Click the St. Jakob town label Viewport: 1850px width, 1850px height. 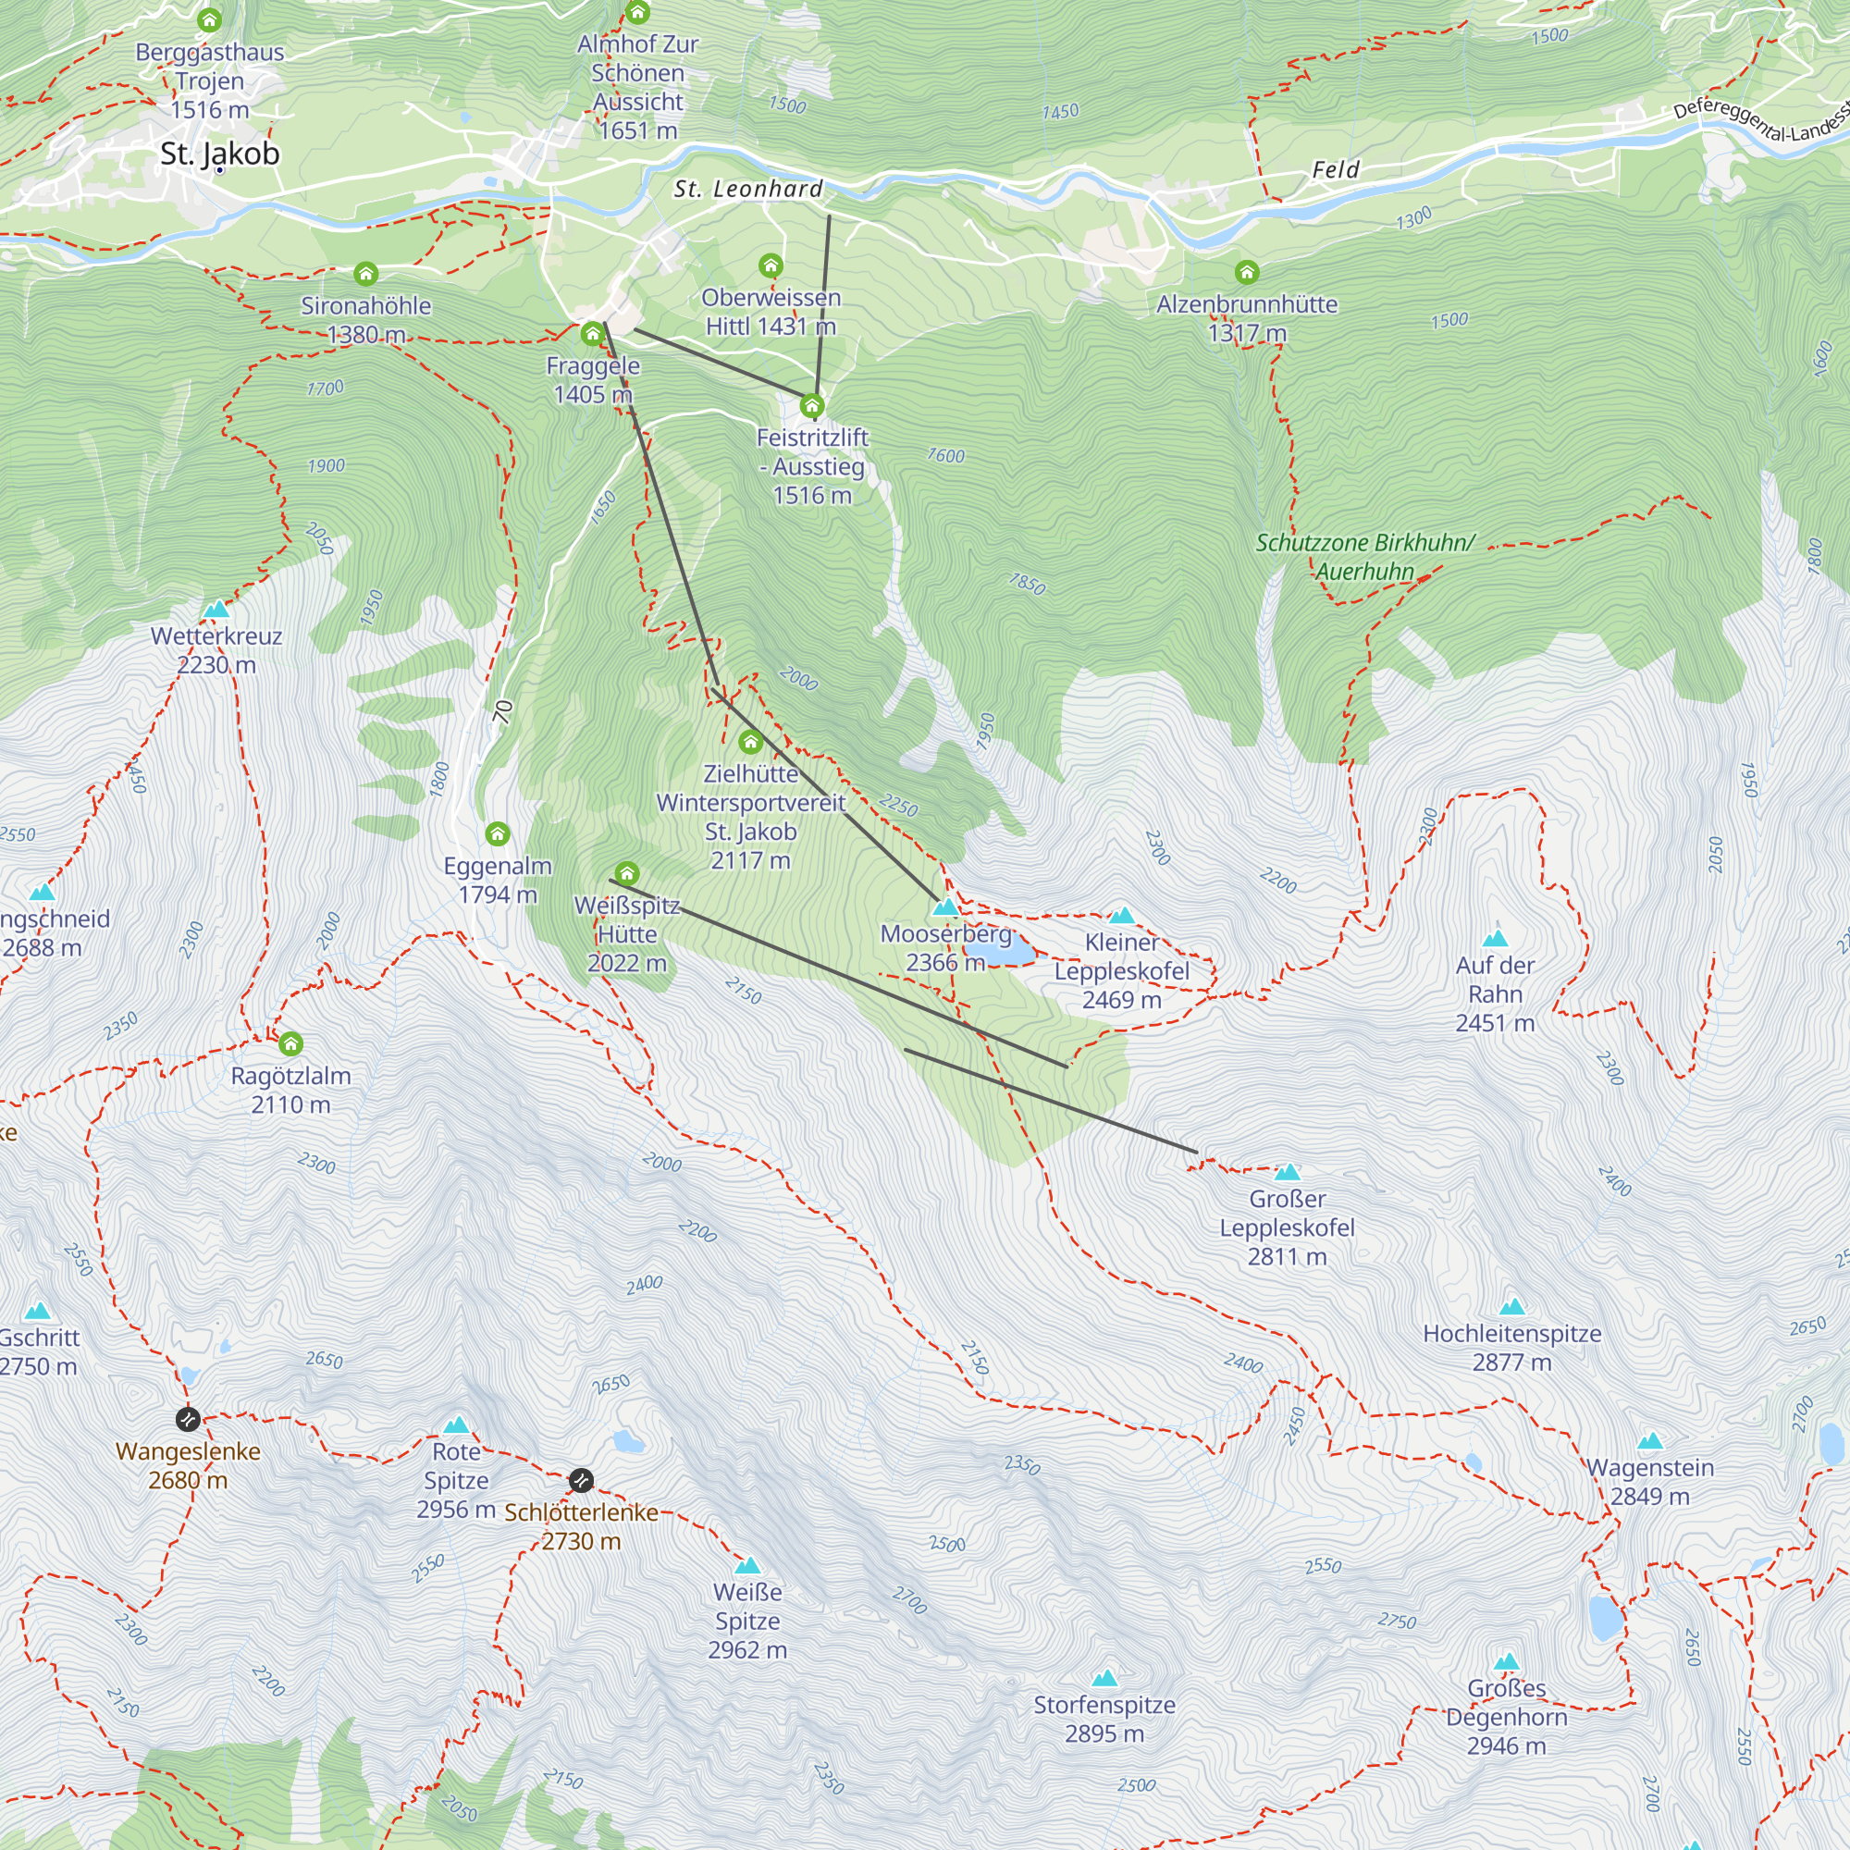pos(219,154)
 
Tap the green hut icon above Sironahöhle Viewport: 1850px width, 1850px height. pos(365,275)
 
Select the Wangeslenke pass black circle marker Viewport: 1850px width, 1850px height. pos(188,1418)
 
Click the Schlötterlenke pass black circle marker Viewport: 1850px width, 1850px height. pos(581,1480)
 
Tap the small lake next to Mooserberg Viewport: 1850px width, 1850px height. pos(1000,953)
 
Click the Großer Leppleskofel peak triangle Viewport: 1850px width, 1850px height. pos(1288,1173)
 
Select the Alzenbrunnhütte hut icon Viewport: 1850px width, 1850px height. pos(1247,273)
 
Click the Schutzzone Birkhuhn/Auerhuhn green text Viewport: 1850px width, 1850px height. pos(1364,556)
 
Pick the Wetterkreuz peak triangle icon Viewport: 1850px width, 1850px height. pos(216,610)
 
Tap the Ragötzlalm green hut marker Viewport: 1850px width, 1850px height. pos(291,1043)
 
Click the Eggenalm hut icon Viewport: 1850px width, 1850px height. pos(498,834)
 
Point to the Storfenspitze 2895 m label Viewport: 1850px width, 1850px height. pos(1104,1719)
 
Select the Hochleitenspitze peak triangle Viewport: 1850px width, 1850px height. pos(1512,1307)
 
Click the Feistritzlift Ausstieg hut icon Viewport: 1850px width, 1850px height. pos(812,406)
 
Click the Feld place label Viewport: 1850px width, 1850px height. pos(1335,169)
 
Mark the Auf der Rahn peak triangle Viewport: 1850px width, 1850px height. pos(1495,938)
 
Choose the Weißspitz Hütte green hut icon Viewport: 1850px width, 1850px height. pos(627,873)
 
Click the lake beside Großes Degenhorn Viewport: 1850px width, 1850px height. pos(1606,1616)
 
